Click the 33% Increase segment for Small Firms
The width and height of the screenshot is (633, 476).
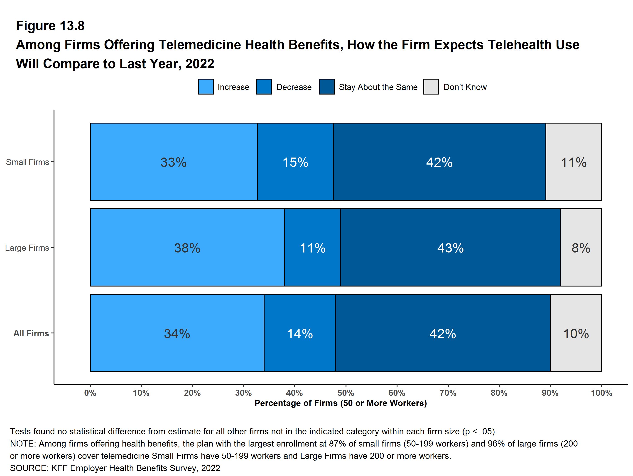tap(173, 162)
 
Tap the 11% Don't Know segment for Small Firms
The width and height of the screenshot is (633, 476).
tap(574, 162)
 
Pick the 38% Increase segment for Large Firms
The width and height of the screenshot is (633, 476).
tap(187, 247)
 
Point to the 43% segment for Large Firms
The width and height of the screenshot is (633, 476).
tap(450, 247)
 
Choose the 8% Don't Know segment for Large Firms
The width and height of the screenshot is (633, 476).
tap(581, 247)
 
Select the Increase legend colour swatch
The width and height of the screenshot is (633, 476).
tap(206, 87)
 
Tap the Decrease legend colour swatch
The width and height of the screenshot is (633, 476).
tap(264, 87)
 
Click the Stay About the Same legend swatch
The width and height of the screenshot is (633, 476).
tap(326, 87)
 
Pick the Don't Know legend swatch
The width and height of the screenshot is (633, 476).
tap(431, 87)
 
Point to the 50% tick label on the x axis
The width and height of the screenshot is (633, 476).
tap(346, 393)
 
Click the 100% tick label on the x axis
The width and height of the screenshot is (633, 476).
tap(601, 393)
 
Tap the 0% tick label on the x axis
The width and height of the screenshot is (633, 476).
tap(90, 393)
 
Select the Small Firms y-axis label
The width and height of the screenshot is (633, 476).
tap(27, 162)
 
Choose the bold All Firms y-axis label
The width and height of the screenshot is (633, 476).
tap(31, 333)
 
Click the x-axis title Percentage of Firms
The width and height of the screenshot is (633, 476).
tap(341, 403)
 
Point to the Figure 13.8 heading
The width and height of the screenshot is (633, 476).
tap(50, 26)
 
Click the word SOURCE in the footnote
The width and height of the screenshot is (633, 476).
tap(29, 468)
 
